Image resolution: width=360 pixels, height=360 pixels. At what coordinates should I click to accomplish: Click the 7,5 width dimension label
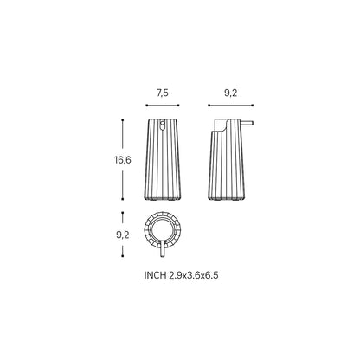tap(163, 93)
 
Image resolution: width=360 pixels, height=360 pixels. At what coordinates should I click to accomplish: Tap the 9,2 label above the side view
tap(230, 93)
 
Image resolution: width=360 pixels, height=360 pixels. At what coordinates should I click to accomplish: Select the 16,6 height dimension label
tap(122, 160)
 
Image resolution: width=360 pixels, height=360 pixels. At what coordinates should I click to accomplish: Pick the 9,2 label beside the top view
tap(123, 235)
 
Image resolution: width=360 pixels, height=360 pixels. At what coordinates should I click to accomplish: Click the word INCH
tap(155, 275)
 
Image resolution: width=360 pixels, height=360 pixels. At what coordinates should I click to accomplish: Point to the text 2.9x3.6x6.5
tap(194, 275)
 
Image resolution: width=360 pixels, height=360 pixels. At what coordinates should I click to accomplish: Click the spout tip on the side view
tap(252, 123)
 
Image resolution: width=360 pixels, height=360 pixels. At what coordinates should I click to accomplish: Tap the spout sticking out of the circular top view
tap(163, 249)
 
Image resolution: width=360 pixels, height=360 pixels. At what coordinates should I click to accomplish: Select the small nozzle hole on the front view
tap(162, 125)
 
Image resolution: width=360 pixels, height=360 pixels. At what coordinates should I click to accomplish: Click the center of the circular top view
tap(163, 230)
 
